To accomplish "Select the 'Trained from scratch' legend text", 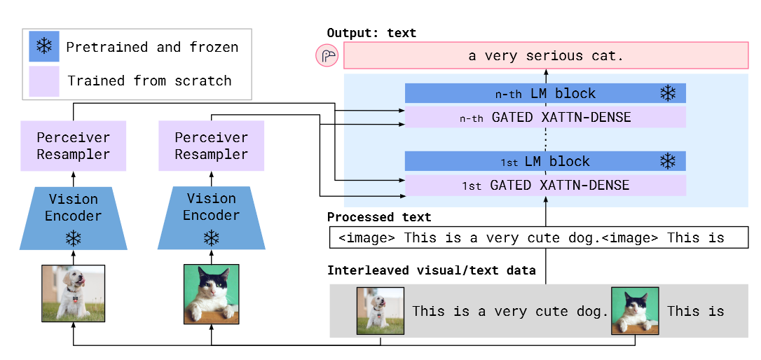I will click(x=149, y=81).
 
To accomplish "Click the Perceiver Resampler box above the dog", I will click(x=74, y=146).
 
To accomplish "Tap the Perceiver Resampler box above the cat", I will click(x=211, y=146).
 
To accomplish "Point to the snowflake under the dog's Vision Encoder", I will click(x=74, y=238).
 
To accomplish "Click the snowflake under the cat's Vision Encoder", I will click(x=211, y=238).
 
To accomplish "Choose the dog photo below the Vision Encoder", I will click(x=74, y=293).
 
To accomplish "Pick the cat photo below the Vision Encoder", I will click(x=211, y=293).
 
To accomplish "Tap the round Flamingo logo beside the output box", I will click(x=327, y=56).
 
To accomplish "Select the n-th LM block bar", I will click(x=545, y=93).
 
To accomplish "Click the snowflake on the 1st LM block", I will click(x=668, y=162).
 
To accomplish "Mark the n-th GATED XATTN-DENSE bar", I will click(x=545, y=118).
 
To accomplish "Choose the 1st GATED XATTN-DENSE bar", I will click(x=545, y=186).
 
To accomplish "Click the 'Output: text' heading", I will click(x=371, y=33).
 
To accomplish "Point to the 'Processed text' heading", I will click(x=379, y=217).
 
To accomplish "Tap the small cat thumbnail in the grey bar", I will click(x=636, y=310).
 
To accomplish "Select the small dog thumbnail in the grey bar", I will click(x=380, y=310).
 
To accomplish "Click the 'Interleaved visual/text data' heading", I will click(x=431, y=270).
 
